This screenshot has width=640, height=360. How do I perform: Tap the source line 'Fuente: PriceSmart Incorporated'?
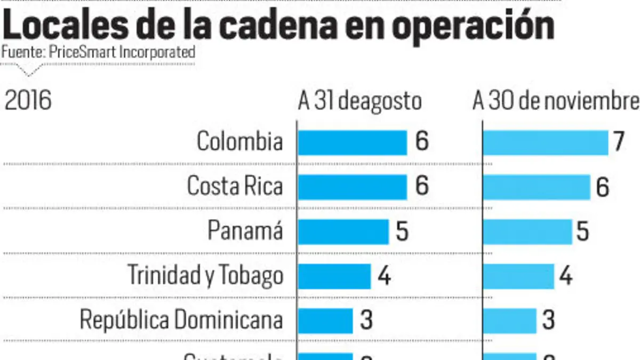click(x=98, y=53)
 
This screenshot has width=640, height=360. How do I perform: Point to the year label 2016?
click(x=28, y=101)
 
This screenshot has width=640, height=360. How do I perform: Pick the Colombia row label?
click(x=239, y=142)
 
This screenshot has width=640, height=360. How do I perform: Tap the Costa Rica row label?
click(x=235, y=186)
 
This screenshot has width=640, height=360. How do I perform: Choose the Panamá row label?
click(x=245, y=231)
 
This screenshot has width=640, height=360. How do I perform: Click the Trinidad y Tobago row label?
click(x=205, y=276)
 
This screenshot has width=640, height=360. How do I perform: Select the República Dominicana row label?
click(x=181, y=320)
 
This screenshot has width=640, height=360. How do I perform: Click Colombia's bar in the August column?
click(x=352, y=142)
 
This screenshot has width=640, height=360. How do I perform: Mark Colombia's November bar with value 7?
click(x=545, y=142)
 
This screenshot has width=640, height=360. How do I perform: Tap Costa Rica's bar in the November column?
click(x=537, y=187)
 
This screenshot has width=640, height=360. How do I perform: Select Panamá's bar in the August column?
click(x=343, y=231)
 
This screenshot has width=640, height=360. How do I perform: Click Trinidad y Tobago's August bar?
click(x=334, y=276)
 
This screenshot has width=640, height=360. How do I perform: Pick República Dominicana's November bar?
click(x=509, y=320)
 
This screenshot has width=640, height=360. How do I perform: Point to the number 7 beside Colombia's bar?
click(x=619, y=143)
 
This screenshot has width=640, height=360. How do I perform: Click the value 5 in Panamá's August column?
click(x=402, y=232)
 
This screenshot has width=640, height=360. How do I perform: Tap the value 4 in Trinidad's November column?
click(x=566, y=276)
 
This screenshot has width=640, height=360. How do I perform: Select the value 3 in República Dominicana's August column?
click(x=366, y=321)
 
